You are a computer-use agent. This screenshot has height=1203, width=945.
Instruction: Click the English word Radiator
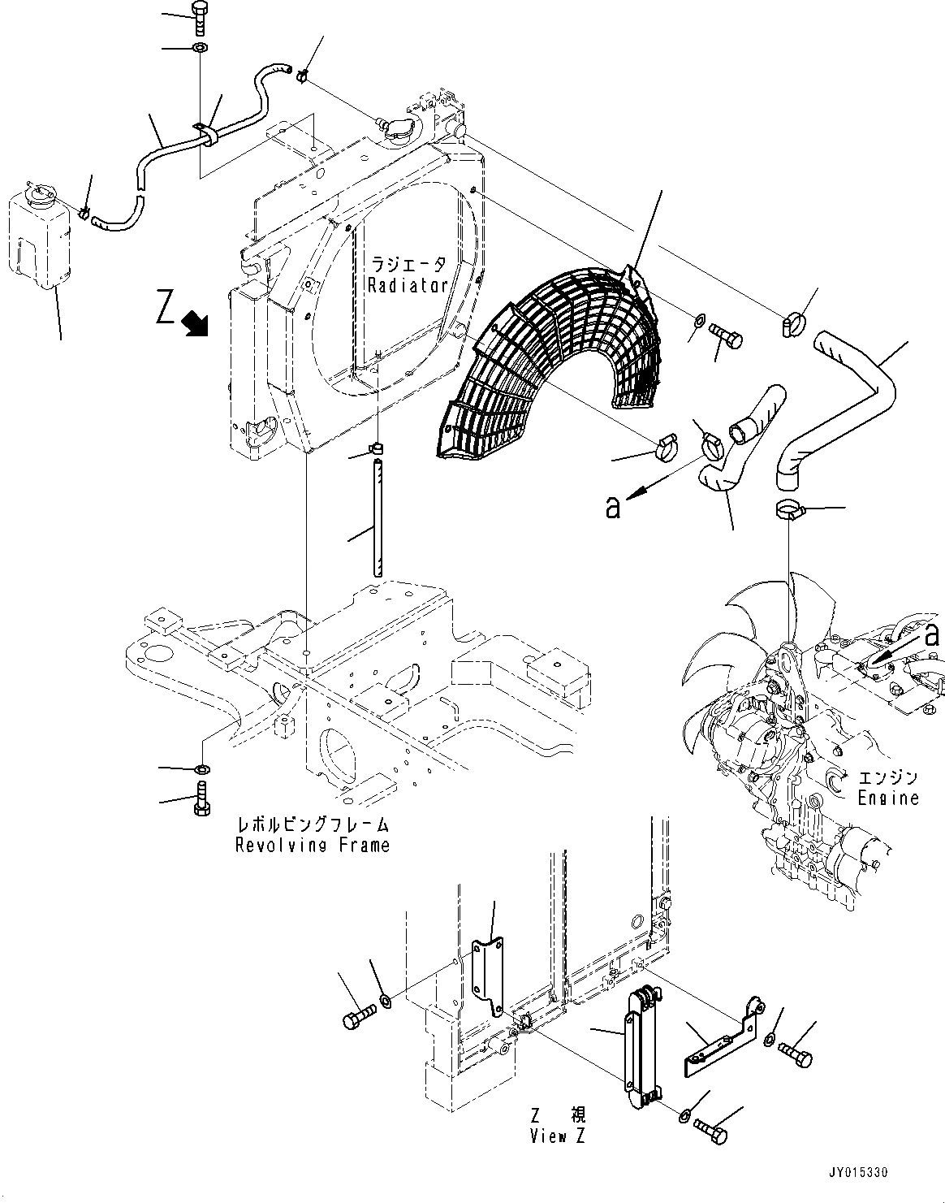[x=408, y=285]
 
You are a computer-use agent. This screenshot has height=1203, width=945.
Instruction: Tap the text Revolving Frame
[x=313, y=846]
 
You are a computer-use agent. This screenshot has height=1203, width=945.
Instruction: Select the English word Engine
[x=888, y=798]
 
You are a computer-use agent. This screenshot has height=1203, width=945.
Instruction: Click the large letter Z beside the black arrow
[x=166, y=309]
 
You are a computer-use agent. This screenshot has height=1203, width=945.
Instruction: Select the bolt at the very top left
[x=200, y=17]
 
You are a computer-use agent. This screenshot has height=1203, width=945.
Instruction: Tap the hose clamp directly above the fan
[x=787, y=511]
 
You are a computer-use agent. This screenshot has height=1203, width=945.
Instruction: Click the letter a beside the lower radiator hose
[x=614, y=507]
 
